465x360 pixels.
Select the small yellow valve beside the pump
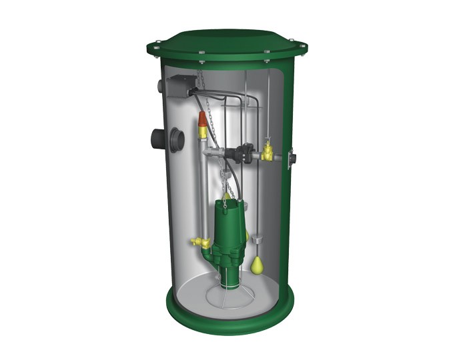click(198, 243)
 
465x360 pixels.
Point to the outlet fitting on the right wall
click(291, 159)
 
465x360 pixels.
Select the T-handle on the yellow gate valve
click(268, 143)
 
